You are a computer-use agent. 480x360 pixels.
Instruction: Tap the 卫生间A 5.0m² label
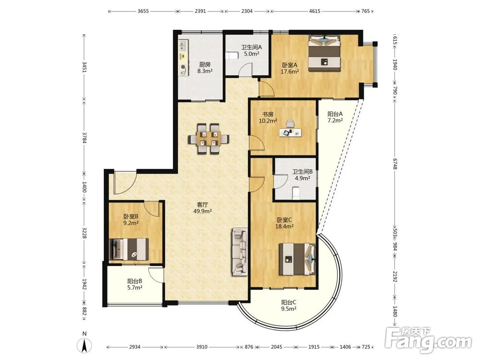252,51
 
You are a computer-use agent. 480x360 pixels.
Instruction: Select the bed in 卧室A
324,53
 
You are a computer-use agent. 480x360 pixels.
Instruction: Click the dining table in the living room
208,139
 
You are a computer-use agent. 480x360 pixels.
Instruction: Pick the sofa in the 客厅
240,252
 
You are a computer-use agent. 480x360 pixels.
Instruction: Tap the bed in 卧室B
129,249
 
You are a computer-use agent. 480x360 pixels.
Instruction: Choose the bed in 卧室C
297,259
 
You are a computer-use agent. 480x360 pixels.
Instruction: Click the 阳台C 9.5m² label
288,305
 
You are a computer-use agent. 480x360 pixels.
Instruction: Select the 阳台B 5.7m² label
134,284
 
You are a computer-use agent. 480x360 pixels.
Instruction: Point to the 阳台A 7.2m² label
335,117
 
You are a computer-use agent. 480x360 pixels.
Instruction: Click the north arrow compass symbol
85,344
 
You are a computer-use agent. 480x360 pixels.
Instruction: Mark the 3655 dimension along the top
143,12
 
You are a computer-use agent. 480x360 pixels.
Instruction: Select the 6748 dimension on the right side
395,166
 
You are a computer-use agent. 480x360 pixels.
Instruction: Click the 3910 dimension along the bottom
202,347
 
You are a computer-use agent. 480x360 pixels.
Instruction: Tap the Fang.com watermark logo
428,339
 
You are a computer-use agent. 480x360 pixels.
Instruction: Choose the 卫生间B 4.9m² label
302,175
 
